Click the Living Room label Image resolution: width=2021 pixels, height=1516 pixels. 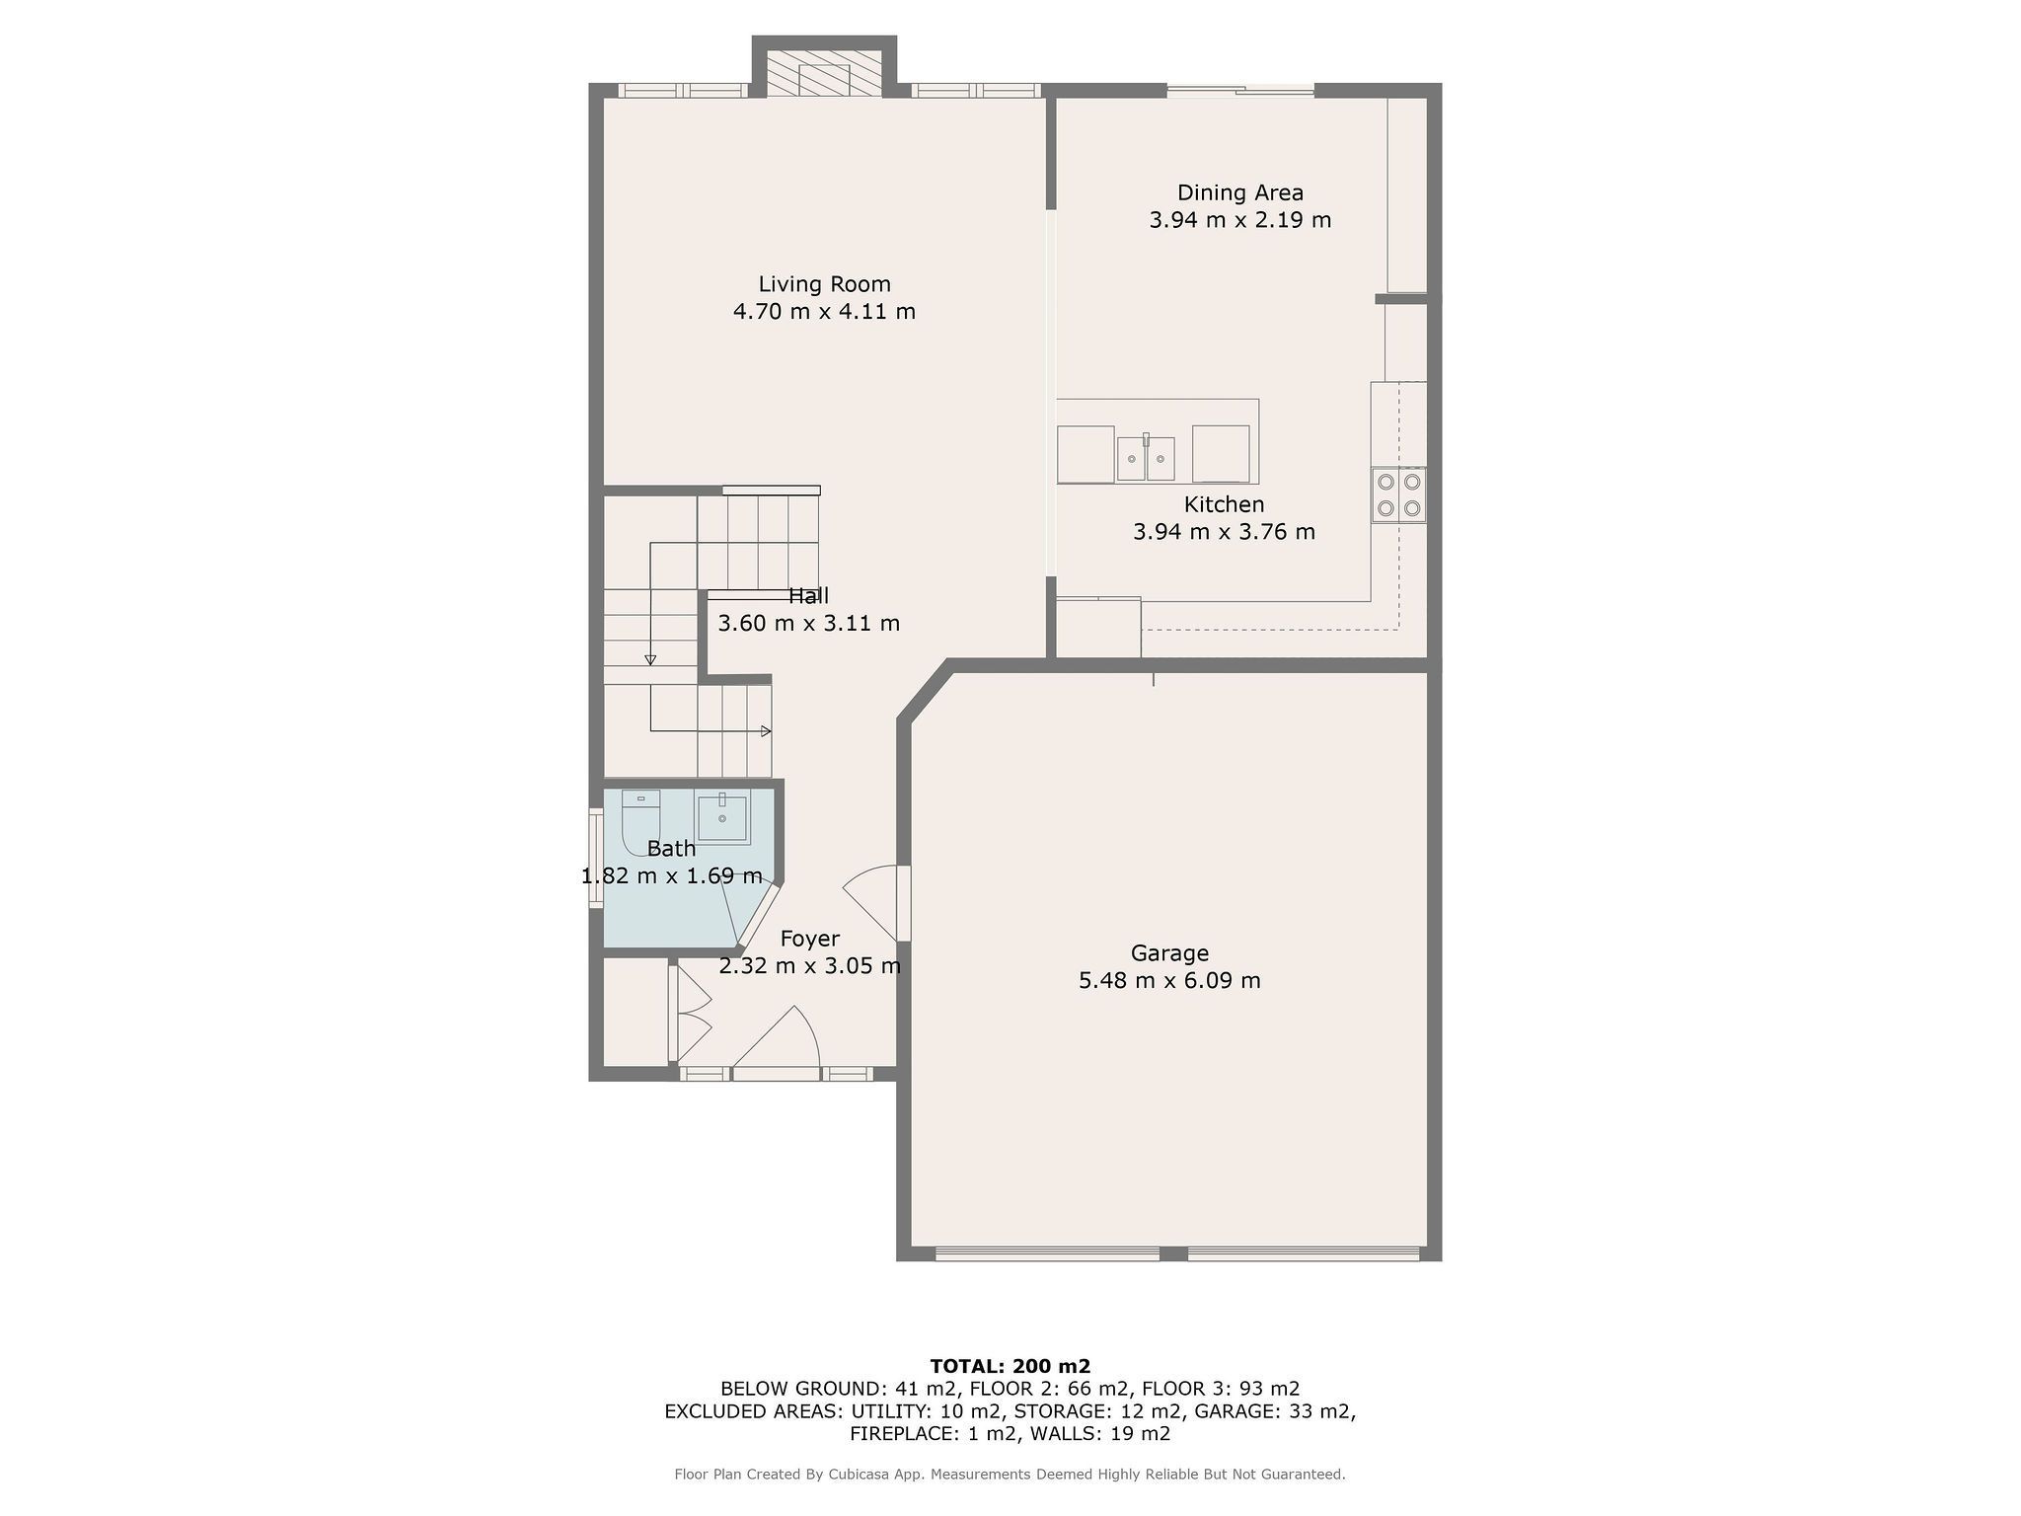[824, 284]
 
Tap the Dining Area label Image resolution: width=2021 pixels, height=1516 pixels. [1239, 192]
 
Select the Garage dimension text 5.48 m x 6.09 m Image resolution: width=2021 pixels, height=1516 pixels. [1169, 980]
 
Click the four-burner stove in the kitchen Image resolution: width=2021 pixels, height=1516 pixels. [1398, 494]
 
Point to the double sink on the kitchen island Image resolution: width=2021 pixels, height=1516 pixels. [1146, 459]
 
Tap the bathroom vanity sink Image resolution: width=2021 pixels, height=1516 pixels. [722, 817]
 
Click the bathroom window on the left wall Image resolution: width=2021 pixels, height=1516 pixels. [596, 858]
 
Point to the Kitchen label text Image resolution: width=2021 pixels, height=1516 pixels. [1224, 504]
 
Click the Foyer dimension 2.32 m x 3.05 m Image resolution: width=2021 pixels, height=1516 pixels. [809, 965]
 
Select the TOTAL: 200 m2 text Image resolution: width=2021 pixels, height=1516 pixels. [1010, 1366]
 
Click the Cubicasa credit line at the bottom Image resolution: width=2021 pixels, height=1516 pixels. [1010, 1475]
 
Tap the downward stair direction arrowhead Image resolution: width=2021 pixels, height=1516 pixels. [650, 660]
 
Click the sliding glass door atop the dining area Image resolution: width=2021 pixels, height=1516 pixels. [1240, 91]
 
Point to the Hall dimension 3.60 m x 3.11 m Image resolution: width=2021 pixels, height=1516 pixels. [808, 624]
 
